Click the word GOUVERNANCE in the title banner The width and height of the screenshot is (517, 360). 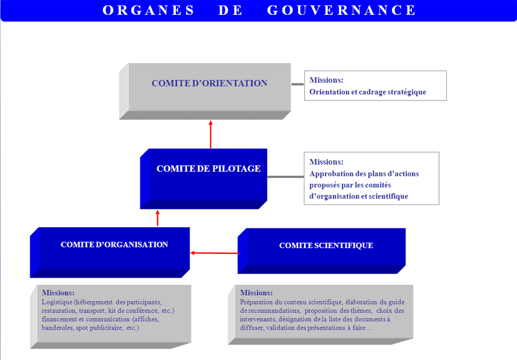341,10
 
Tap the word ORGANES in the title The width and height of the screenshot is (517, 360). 148,10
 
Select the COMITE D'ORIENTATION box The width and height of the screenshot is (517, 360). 205,91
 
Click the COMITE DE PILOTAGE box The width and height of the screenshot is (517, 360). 203,179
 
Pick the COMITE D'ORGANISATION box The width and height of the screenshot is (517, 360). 110,253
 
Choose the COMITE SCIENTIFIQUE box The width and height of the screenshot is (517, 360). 322,251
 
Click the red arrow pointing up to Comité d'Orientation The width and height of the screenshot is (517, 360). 211,134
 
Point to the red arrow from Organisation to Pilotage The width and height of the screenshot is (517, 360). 157,218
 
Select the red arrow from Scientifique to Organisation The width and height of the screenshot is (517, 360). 214,253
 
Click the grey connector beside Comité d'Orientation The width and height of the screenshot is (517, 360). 298,84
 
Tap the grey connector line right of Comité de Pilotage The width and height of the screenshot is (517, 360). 285,177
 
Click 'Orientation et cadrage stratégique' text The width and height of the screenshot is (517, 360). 368,92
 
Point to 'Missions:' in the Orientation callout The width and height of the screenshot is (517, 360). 326,80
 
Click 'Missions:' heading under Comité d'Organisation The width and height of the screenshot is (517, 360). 58,293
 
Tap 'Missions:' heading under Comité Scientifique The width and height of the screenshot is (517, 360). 256,293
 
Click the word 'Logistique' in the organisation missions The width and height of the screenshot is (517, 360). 57,303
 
